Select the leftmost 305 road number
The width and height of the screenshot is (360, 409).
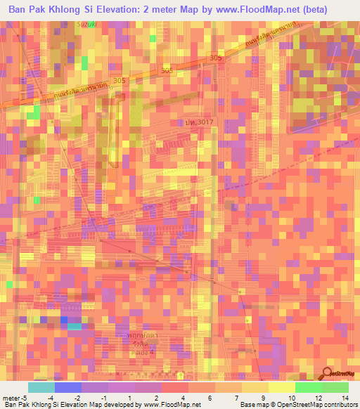point(119,81)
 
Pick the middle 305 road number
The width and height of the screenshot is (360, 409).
point(167,71)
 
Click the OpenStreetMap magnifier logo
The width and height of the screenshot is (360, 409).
point(327,375)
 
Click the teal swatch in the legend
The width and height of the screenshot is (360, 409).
point(41,387)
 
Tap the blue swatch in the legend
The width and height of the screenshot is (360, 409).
point(67,387)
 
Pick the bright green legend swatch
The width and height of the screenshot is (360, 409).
point(308,387)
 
